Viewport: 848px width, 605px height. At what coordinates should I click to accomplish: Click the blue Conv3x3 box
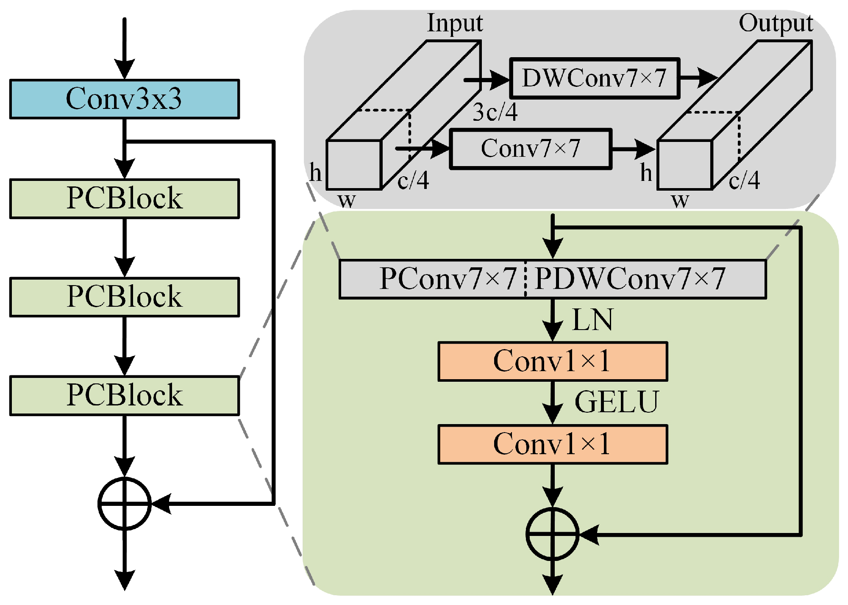pyautogui.click(x=124, y=99)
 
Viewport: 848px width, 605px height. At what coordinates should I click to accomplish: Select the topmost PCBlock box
pyautogui.click(x=124, y=198)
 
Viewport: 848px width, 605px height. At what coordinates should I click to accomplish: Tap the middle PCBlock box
pyautogui.click(x=124, y=297)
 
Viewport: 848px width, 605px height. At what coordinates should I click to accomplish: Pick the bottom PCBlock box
pyautogui.click(x=124, y=395)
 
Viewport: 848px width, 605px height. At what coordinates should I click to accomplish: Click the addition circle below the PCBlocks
pyautogui.click(x=124, y=504)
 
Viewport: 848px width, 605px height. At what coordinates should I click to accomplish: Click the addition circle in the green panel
pyautogui.click(x=552, y=534)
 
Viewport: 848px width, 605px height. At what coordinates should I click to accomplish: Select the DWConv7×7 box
pyautogui.click(x=595, y=78)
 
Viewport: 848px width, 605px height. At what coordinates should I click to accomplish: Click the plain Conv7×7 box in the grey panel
pyautogui.click(x=530, y=149)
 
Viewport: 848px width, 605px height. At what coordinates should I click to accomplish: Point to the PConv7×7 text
pyautogui.click(x=448, y=279)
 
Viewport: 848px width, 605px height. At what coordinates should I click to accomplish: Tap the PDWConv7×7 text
pyautogui.click(x=630, y=279)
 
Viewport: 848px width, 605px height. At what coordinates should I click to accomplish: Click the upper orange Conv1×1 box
pyautogui.click(x=552, y=361)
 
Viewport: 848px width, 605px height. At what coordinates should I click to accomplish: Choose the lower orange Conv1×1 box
pyautogui.click(x=552, y=444)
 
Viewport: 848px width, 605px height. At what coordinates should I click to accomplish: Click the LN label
pyautogui.click(x=592, y=320)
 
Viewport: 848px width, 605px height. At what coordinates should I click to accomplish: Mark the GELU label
pyautogui.click(x=617, y=402)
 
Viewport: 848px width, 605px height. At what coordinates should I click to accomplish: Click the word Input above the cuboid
pyautogui.click(x=455, y=23)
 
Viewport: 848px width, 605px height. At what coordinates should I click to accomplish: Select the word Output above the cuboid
pyautogui.click(x=776, y=23)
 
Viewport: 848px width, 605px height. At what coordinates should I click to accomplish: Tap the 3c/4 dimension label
pyautogui.click(x=495, y=113)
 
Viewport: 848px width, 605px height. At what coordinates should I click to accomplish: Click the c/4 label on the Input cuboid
pyautogui.click(x=413, y=180)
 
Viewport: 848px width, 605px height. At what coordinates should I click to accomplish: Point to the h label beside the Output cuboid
pyautogui.click(x=646, y=173)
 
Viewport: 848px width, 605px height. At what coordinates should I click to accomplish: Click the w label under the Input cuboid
pyautogui.click(x=347, y=200)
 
